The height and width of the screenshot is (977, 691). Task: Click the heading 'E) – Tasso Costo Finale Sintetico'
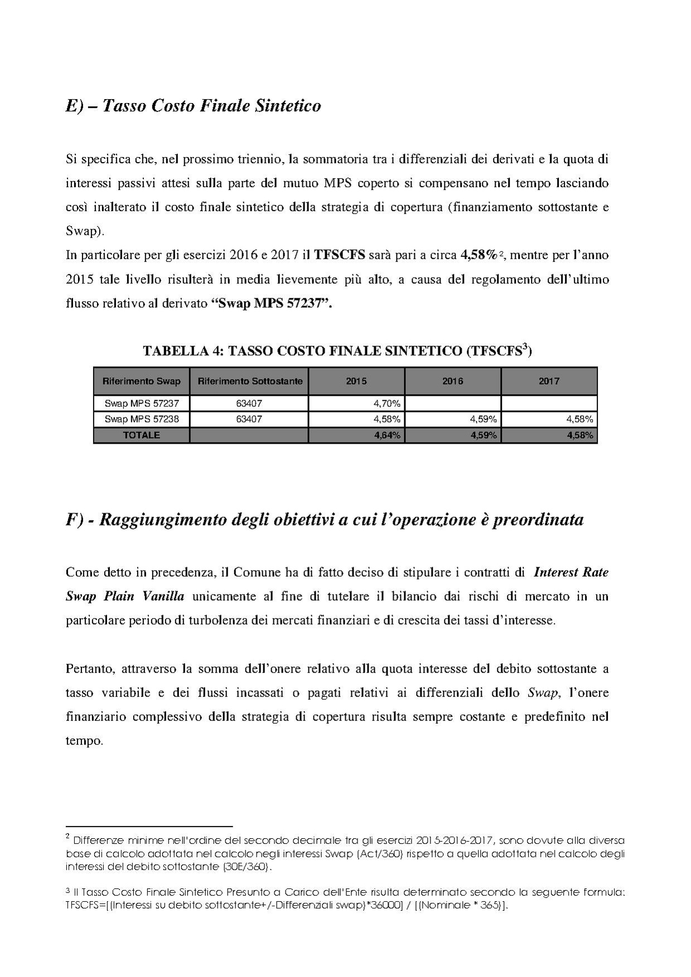pyautogui.click(x=193, y=106)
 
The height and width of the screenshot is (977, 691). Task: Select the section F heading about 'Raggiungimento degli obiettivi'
pyautogui.click(x=324, y=519)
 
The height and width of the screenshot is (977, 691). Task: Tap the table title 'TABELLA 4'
pyautogui.click(x=337, y=351)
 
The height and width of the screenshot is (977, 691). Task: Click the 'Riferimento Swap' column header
pyautogui.click(x=142, y=382)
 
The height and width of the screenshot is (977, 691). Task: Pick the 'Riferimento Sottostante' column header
pyautogui.click(x=249, y=382)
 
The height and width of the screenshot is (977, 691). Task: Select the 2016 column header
pyautogui.click(x=453, y=382)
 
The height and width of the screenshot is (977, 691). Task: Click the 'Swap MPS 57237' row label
pyautogui.click(x=142, y=403)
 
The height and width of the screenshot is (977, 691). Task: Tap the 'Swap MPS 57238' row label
pyautogui.click(x=142, y=419)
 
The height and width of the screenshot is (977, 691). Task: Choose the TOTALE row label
pyautogui.click(x=142, y=435)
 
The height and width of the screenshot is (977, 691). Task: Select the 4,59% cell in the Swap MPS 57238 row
pyautogui.click(x=484, y=419)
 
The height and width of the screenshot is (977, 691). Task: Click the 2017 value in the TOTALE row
pyautogui.click(x=580, y=435)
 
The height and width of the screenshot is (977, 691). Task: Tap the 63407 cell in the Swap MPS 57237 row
pyautogui.click(x=249, y=403)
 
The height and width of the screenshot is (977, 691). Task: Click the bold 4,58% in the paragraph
pyautogui.click(x=478, y=255)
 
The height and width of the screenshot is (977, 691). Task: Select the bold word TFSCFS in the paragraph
pyautogui.click(x=340, y=255)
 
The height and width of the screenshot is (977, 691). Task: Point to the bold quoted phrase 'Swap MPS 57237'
pyautogui.click(x=272, y=304)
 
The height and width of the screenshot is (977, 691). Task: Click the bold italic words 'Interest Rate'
pyautogui.click(x=571, y=572)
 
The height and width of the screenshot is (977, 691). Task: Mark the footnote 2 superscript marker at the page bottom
pyautogui.click(x=67, y=837)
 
